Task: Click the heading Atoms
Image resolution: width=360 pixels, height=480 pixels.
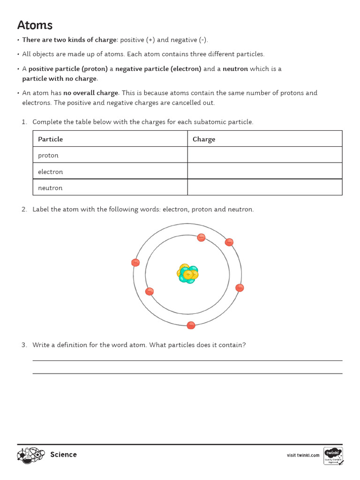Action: click(x=35, y=25)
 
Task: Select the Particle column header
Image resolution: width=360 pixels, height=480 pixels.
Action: click(x=50, y=139)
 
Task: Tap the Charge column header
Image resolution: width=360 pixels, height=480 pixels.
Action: click(x=204, y=139)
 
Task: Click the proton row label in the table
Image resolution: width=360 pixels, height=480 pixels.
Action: click(x=48, y=156)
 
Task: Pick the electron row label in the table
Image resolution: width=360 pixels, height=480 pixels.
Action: click(x=50, y=172)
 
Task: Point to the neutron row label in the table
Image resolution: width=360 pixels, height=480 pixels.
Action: click(x=50, y=187)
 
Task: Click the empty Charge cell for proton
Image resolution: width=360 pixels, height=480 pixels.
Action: click(x=264, y=155)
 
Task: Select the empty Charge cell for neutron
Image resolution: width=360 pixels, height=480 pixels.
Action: click(x=264, y=187)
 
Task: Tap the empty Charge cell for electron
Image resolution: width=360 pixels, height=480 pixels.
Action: click(x=264, y=172)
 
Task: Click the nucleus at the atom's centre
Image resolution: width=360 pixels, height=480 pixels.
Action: click(x=188, y=274)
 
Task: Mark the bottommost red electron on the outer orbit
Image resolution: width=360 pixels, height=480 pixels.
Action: click(x=191, y=325)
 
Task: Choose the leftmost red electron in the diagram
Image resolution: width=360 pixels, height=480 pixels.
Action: click(x=135, y=262)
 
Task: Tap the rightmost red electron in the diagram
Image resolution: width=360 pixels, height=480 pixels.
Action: click(x=240, y=288)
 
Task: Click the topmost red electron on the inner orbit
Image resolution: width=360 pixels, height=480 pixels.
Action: click(x=201, y=238)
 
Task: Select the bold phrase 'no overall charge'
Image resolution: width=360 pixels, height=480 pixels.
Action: click(x=91, y=93)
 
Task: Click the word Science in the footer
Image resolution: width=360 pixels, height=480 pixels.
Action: click(x=63, y=455)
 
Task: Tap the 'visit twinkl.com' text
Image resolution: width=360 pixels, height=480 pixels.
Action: click(x=303, y=455)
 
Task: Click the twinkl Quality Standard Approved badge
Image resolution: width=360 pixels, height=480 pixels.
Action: click(x=333, y=456)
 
